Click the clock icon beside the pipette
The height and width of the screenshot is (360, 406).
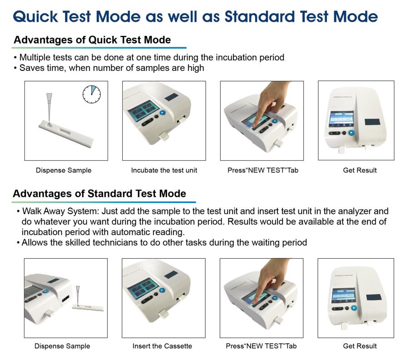click(x=92, y=94)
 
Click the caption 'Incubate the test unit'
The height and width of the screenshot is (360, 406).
click(x=164, y=170)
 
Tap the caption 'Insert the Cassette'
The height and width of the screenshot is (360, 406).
click(x=162, y=346)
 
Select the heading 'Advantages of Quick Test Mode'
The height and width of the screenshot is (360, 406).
click(x=92, y=40)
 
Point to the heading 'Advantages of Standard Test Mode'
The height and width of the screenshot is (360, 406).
click(x=99, y=193)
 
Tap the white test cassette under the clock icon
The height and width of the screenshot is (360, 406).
click(x=66, y=133)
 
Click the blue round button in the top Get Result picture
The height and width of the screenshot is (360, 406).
click(x=351, y=133)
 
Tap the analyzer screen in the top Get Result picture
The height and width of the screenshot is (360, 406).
click(x=342, y=119)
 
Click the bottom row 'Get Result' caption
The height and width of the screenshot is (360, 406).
click(x=360, y=346)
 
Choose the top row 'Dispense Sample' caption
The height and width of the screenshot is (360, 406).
click(x=64, y=170)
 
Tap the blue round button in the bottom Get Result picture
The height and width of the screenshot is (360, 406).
click(x=354, y=308)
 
